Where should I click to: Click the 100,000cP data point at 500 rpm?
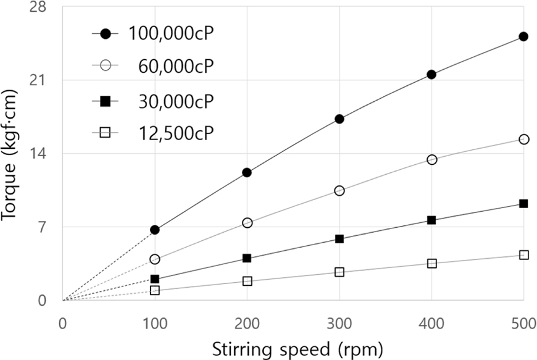(523, 36)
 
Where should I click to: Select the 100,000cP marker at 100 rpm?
(154, 230)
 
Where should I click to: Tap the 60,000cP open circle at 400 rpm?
(431, 159)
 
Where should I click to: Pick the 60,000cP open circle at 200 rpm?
(247, 223)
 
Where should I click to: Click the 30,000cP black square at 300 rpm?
(339, 239)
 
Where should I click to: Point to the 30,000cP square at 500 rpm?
(523, 204)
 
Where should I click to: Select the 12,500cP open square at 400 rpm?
(431, 264)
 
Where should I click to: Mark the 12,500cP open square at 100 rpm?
(154, 290)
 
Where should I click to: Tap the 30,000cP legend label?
(178, 101)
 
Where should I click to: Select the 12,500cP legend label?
(178, 133)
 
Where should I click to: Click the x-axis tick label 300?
(339, 324)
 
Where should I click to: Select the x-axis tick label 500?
(523, 324)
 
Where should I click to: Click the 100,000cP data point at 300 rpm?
(339, 119)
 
